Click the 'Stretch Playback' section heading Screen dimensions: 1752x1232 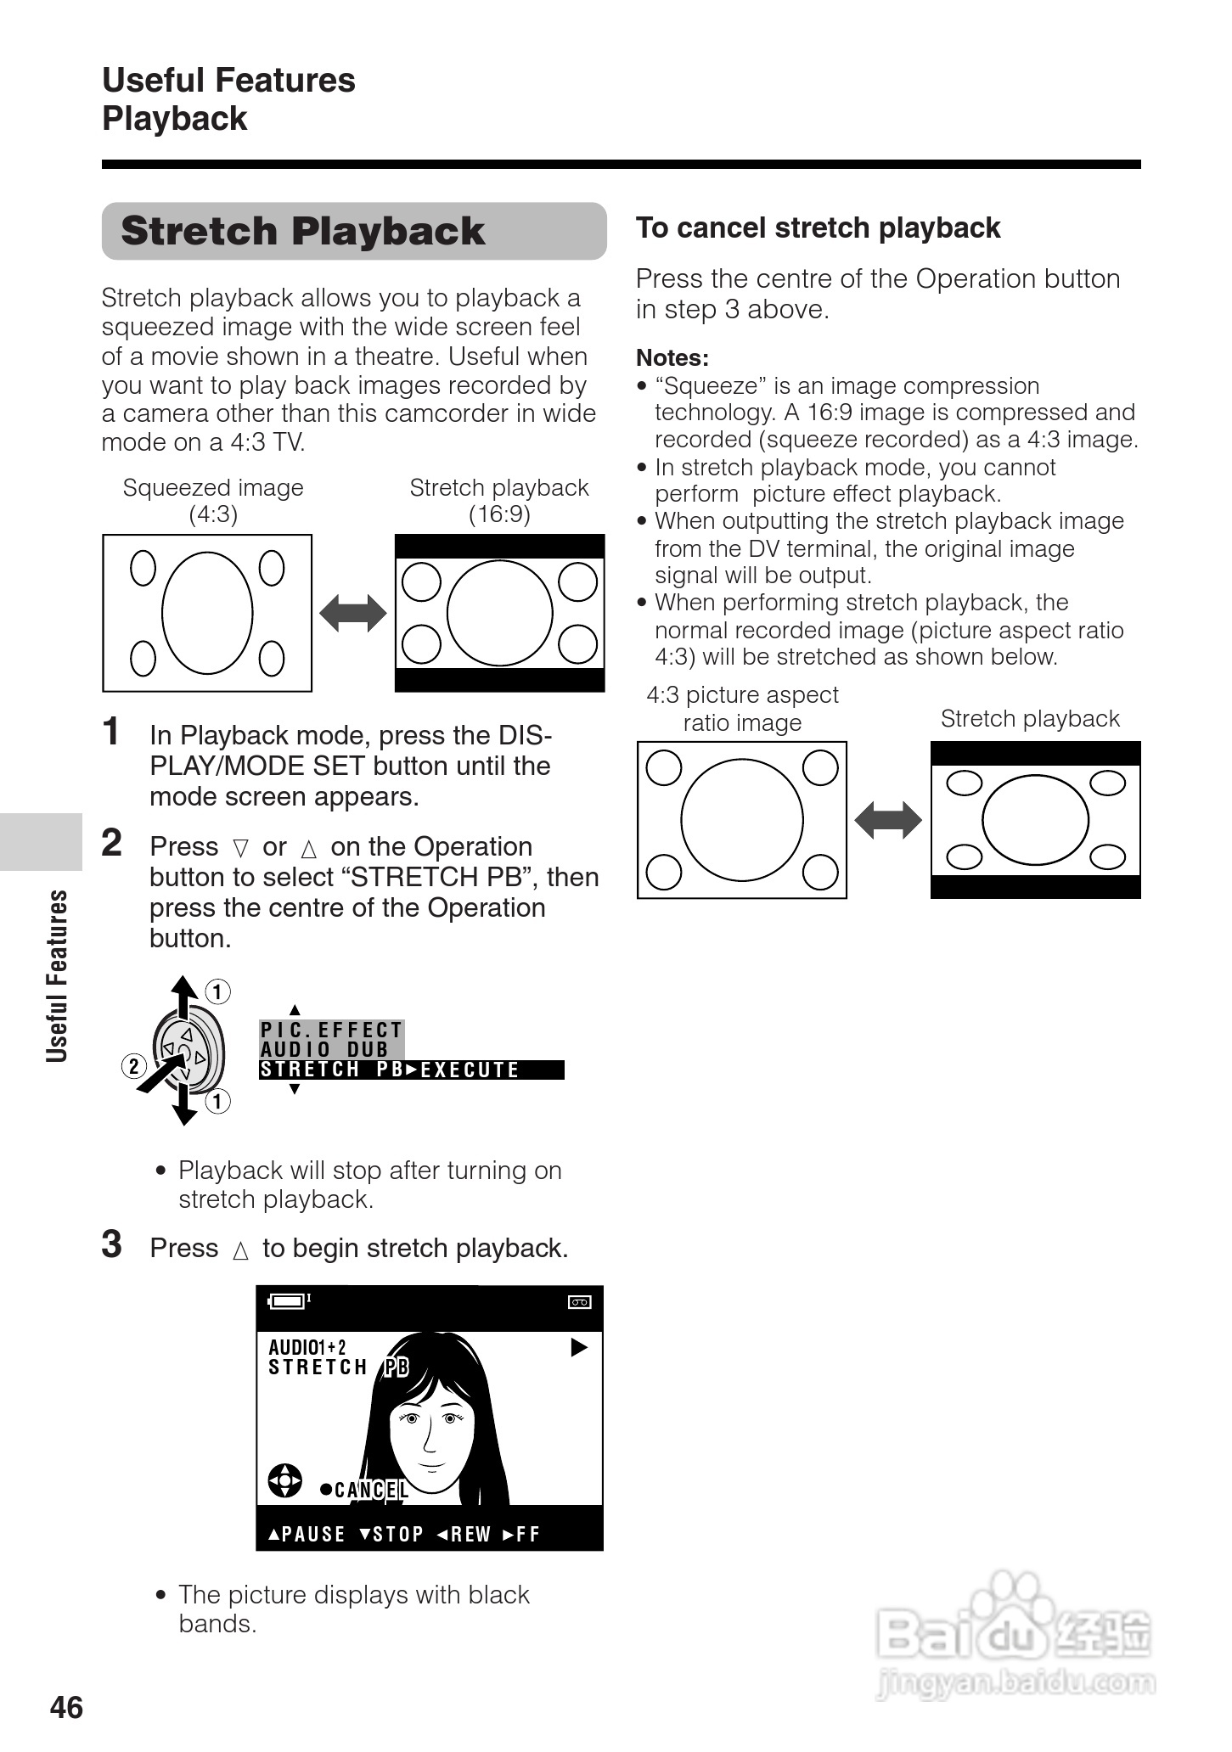point(302,231)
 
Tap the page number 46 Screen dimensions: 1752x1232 point(67,1707)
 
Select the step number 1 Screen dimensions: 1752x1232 point(111,732)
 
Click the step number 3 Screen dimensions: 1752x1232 point(111,1244)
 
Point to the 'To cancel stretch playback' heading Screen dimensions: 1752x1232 point(818,228)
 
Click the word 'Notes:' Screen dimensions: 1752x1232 point(672,358)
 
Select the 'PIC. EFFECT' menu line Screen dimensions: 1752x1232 point(331,1030)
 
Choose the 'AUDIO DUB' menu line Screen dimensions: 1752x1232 point(324,1049)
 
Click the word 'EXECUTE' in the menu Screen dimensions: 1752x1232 point(470,1070)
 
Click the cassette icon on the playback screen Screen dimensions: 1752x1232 point(579,1302)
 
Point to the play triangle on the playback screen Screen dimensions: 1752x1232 point(579,1347)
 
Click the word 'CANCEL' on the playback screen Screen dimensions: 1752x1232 point(371,1491)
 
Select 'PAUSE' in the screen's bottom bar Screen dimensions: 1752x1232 point(312,1535)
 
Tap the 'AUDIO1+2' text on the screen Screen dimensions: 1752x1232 point(307,1347)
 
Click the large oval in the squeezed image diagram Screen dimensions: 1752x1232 point(207,612)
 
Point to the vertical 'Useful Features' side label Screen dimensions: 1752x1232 point(57,976)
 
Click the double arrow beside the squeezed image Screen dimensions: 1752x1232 point(353,613)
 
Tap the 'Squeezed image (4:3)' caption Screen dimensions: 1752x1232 point(213,501)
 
